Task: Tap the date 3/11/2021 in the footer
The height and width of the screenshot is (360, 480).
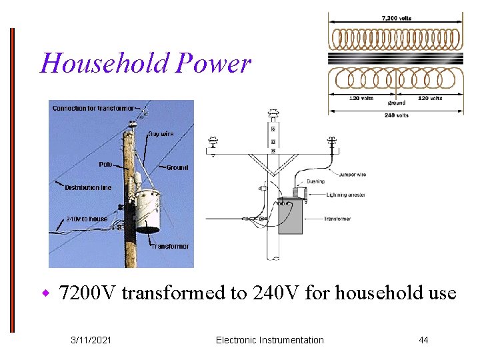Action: point(91,341)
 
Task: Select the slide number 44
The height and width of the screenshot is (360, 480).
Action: point(423,341)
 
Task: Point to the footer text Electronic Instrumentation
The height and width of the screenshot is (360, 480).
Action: point(270,341)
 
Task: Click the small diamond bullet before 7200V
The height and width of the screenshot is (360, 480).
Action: point(46,293)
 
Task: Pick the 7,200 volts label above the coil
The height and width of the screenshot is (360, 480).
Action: point(396,19)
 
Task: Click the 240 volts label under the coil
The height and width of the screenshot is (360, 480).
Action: point(396,115)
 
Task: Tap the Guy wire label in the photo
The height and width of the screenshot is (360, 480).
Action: point(161,134)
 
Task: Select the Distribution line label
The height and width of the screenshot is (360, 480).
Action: point(88,187)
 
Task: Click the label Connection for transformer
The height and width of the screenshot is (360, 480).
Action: point(93,108)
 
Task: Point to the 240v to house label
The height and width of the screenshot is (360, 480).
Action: point(87,219)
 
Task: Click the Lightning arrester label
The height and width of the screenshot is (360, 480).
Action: point(346,195)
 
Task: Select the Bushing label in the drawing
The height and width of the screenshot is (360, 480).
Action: point(315,181)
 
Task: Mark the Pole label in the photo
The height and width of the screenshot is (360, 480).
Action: point(105,164)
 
